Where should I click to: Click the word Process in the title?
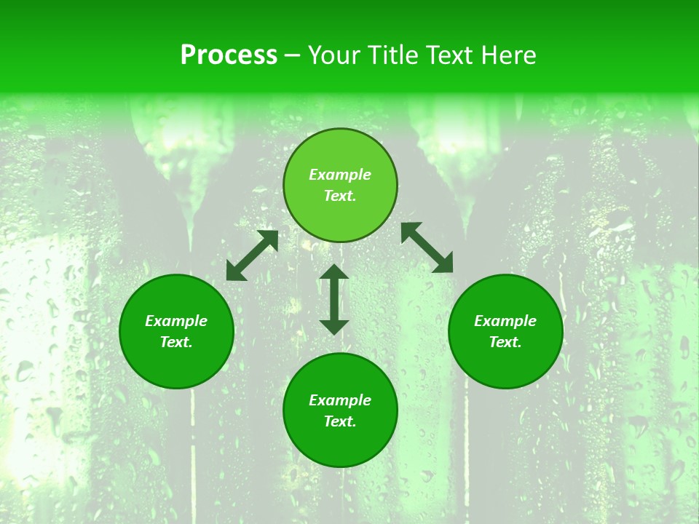229,55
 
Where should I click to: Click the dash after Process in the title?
292,57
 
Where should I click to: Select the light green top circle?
340,146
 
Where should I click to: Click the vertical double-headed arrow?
334,299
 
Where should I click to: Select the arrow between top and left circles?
252,255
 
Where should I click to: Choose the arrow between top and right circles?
427,247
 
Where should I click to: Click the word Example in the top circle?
340,175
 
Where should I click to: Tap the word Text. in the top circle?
340,196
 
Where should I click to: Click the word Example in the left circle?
176,321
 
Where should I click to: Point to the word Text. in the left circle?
176,342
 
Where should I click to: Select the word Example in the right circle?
505,321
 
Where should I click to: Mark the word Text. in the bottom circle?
340,421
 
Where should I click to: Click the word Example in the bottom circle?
340,400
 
